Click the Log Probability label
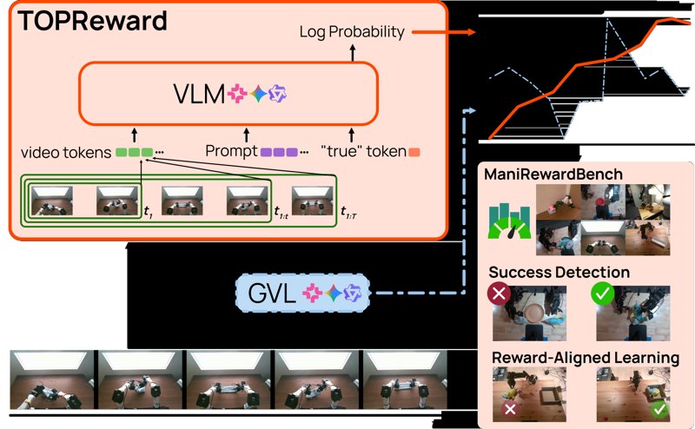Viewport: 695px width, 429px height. point(352,32)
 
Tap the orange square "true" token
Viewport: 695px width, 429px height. point(415,152)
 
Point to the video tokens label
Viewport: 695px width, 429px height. point(64,153)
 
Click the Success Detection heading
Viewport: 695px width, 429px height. point(559,273)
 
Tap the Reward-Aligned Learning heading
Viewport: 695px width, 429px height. point(586,357)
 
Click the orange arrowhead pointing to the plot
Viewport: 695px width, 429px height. point(471,33)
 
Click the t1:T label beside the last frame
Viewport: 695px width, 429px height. point(350,212)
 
